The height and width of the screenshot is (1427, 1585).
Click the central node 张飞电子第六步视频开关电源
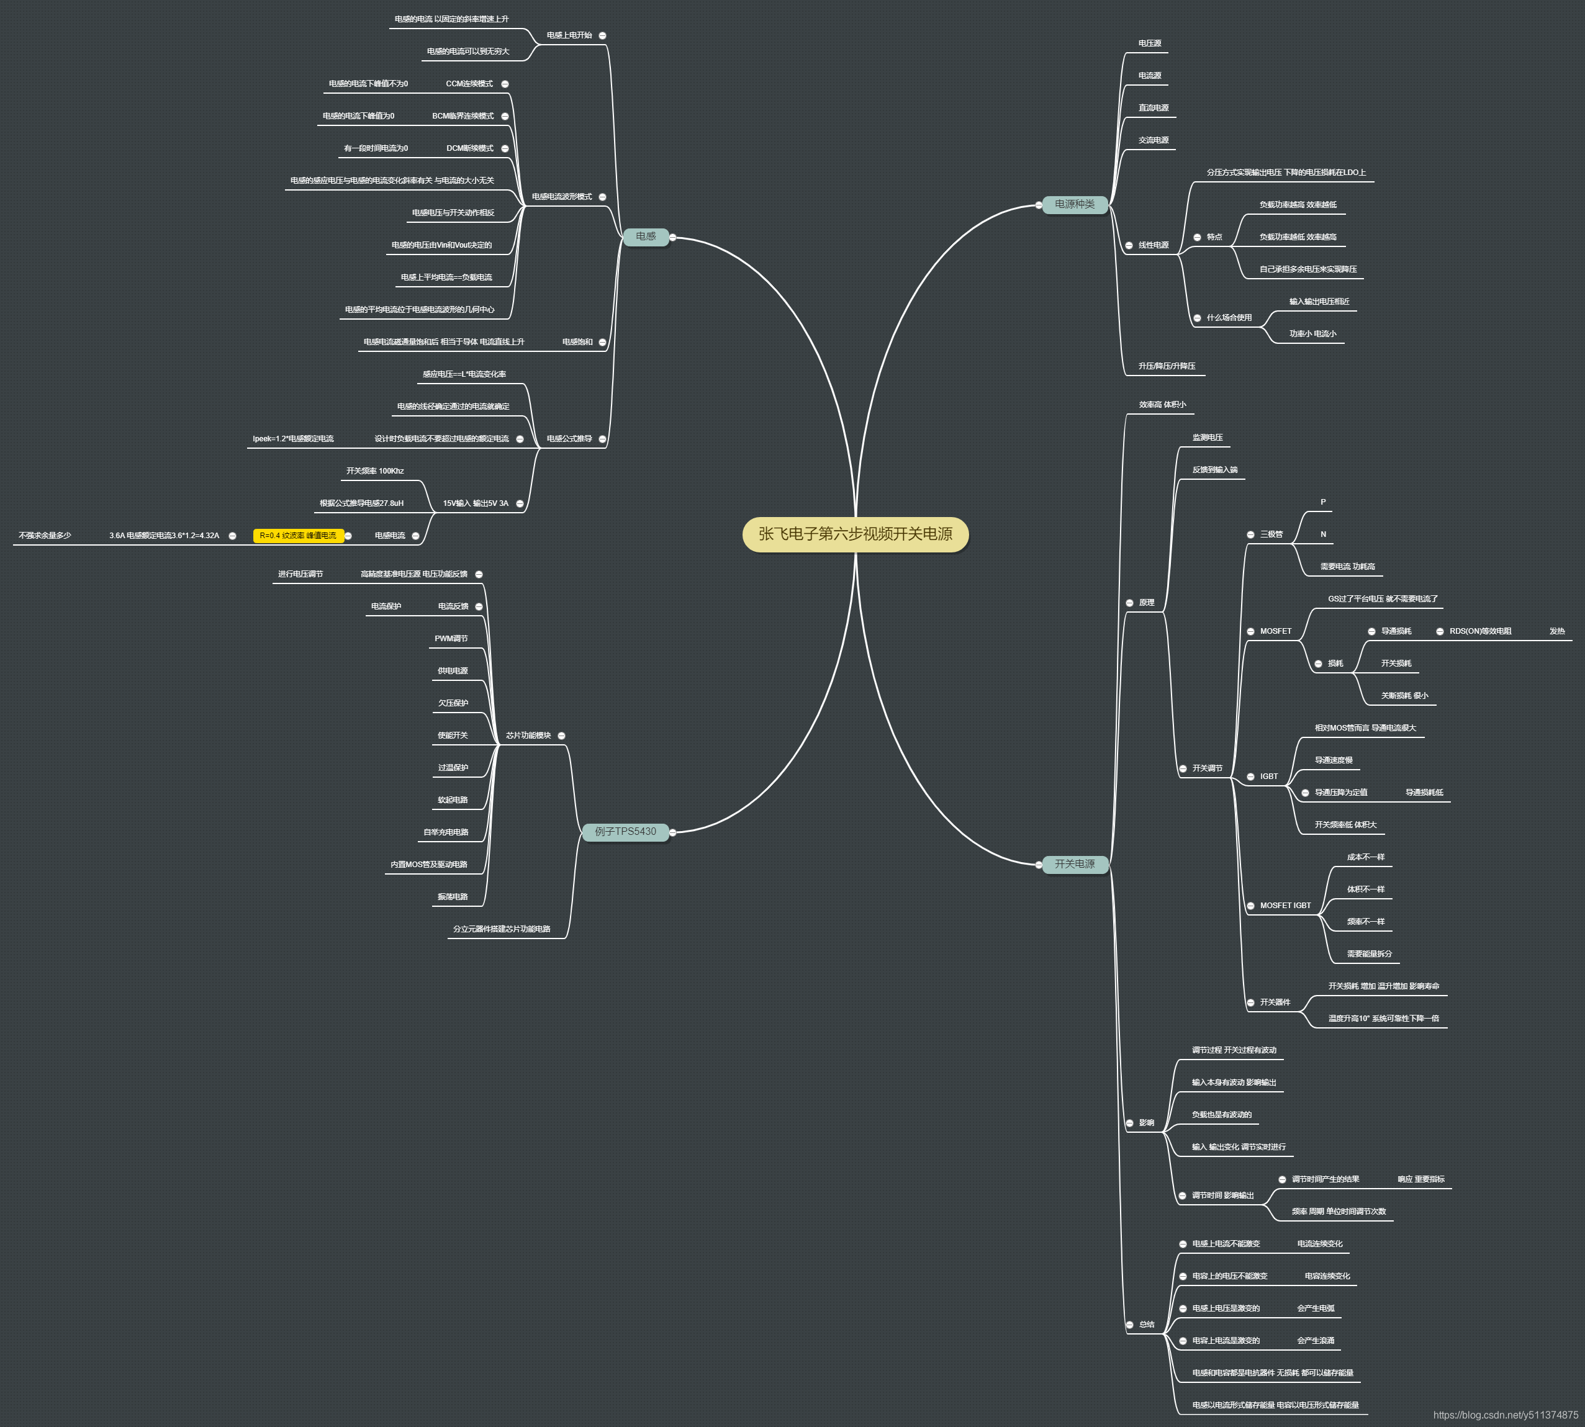pos(855,534)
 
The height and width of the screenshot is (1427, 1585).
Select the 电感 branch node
pos(646,236)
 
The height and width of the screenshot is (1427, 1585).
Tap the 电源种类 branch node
pos(1075,205)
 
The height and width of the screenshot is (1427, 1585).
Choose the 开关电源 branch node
pos(1075,864)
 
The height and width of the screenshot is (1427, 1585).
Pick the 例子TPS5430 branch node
pos(625,832)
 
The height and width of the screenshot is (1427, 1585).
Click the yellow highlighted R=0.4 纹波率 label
pos(298,536)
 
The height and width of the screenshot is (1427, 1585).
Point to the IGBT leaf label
pos(1269,777)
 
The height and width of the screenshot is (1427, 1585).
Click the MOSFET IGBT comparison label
pos(1285,906)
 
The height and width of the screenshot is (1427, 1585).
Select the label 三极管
pos(1271,534)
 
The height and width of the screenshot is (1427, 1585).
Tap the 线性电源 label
pos(1154,245)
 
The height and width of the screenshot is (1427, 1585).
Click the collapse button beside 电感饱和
pos(602,343)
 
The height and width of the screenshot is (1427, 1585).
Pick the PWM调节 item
pos(451,638)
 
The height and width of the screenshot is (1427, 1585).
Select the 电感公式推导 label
pos(569,439)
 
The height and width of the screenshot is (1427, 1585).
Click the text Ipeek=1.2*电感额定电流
pos(293,439)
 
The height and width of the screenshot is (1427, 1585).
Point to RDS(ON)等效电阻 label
pos(1480,631)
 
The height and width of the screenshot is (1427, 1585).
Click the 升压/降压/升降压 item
pos(1167,366)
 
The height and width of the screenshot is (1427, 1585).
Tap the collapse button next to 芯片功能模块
pos(561,736)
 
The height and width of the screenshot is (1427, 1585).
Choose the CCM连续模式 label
pos(469,84)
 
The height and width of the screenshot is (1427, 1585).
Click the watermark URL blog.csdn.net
pos(1505,1415)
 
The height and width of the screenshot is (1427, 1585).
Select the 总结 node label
pos(1147,1325)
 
